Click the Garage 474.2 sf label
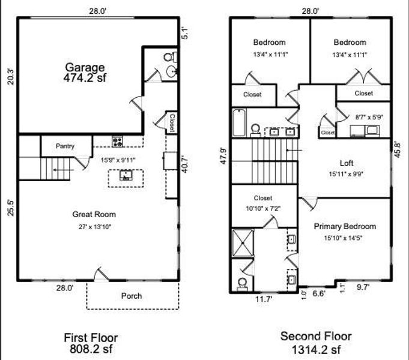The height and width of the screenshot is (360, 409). [85, 73]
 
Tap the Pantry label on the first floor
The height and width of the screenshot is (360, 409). [65, 146]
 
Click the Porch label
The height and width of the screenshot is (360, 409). [132, 296]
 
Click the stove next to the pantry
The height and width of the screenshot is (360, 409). [117, 142]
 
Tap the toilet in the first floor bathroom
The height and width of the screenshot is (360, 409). [171, 58]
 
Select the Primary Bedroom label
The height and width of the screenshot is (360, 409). [345, 226]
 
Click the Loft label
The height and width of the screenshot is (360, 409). [347, 163]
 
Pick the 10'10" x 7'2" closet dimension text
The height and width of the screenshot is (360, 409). [263, 208]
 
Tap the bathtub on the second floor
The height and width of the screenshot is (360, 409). [238, 123]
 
